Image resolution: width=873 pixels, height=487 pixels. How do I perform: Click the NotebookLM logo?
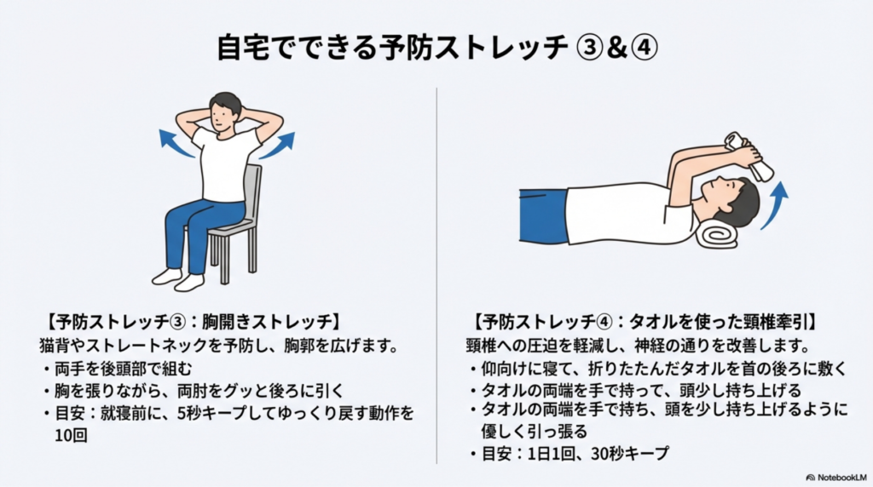pos(836,478)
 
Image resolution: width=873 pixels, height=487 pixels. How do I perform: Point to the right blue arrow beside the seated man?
pos(279,146)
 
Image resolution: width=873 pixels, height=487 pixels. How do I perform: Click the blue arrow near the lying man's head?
pos(776,204)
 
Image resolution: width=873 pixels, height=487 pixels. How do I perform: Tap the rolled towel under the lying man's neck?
pos(719,233)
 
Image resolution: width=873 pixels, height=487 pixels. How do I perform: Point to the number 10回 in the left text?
pos(72,435)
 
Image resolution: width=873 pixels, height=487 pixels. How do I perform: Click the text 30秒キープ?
pos(630,454)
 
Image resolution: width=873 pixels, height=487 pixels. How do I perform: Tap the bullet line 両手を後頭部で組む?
pos(123,369)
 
